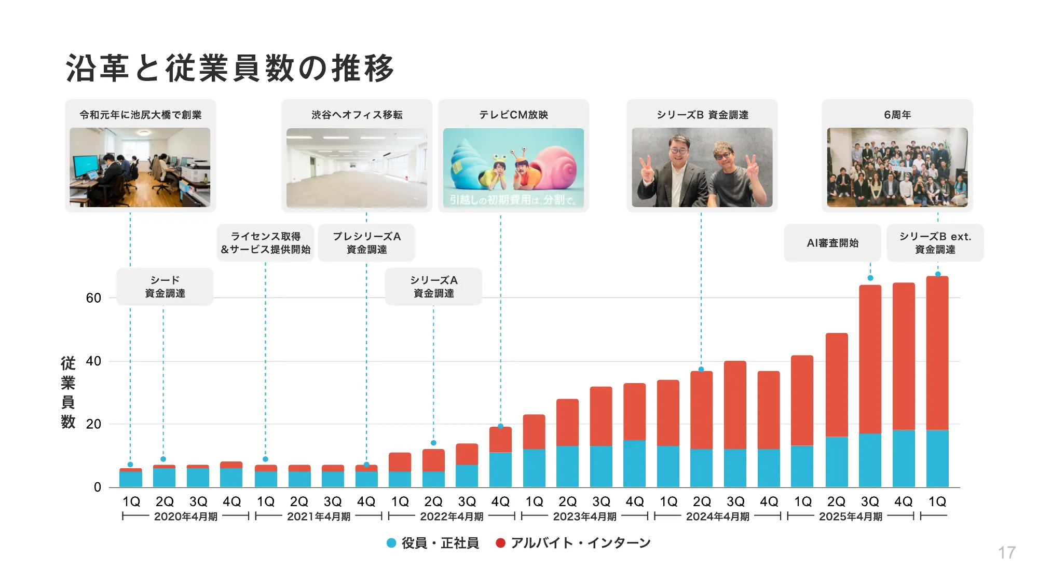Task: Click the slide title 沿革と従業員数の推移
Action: pyautogui.click(x=230, y=68)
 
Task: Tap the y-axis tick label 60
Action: pyautogui.click(x=93, y=298)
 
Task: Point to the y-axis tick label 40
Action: pyautogui.click(x=93, y=361)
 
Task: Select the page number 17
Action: pyautogui.click(x=1006, y=552)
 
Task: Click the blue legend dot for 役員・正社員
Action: pyautogui.click(x=392, y=543)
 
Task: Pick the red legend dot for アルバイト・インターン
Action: pyautogui.click(x=500, y=543)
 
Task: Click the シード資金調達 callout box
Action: pyautogui.click(x=165, y=287)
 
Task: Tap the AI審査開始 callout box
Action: pyautogui.click(x=832, y=243)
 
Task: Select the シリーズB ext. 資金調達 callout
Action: pyautogui.click(x=935, y=243)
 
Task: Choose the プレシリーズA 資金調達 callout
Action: pyautogui.click(x=366, y=243)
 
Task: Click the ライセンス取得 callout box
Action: pyautogui.click(x=265, y=243)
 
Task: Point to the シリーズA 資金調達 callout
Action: pyautogui.click(x=433, y=287)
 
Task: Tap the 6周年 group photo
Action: pyautogui.click(x=897, y=168)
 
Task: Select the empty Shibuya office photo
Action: pyautogui.click(x=357, y=168)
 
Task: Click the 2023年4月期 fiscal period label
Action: pyautogui.click(x=584, y=517)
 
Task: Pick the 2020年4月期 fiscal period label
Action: pyautogui.click(x=186, y=517)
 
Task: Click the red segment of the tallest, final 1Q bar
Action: pyautogui.click(x=937, y=353)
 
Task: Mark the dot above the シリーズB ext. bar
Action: pyautogui.click(x=938, y=274)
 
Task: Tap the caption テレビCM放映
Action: pyautogui.click(x=513, y=115)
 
